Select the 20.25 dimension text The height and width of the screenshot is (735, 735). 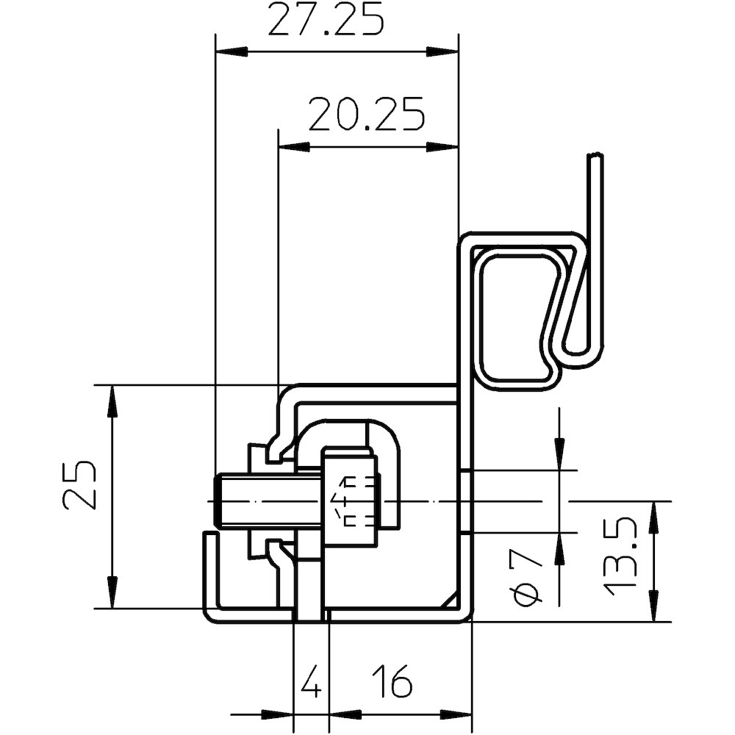pos(366,115)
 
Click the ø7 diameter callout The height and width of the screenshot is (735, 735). pos(528,581)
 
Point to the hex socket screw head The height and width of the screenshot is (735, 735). pos(350,500)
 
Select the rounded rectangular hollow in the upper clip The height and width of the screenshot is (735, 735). pos(519,316)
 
